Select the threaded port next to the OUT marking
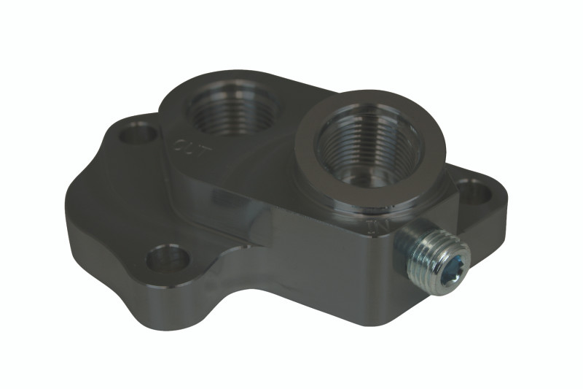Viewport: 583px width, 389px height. coord(232,109)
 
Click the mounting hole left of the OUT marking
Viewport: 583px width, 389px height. coord(138,134)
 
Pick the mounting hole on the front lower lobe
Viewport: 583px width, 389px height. coord(168,258)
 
